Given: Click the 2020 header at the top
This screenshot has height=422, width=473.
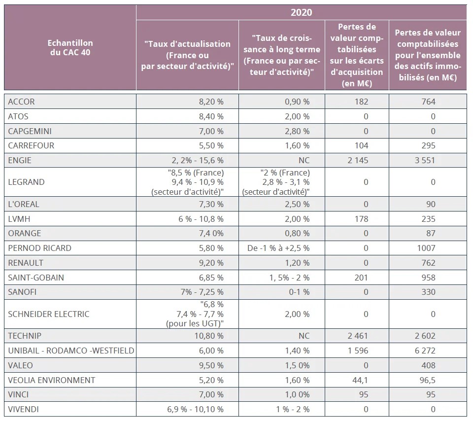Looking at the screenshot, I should [x=301, y=12].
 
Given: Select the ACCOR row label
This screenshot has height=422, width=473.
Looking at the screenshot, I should [x=22, y=102].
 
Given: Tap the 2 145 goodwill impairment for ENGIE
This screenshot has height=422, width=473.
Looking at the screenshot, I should [x=357, y=160].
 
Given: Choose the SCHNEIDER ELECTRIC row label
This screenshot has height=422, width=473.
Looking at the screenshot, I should [x=49, y=314].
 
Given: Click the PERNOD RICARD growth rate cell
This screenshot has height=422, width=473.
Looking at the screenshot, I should [x=278, y=248].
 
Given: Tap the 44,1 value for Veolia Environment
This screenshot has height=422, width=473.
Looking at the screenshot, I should [x=361, y=380].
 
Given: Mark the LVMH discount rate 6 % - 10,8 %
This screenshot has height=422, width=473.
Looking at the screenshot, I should [x=197, y=219].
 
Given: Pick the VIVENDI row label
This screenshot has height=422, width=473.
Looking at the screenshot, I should [x=23, y=409].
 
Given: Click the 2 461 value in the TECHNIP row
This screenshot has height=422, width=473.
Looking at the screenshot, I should [x=357, y=336].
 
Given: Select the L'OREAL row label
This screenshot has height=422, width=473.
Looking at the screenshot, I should [x=24, y=204].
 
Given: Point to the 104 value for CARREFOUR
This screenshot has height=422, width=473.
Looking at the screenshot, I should [x=361, y=145].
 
